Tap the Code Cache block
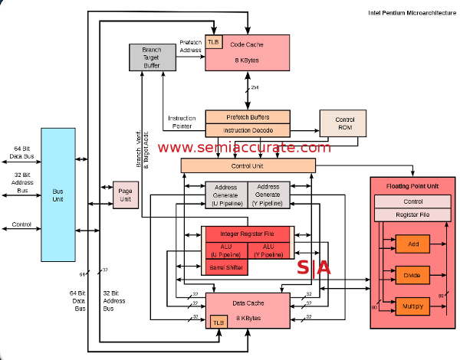253,51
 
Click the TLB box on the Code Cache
213,42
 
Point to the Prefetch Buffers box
248,117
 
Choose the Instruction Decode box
248,131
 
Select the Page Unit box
124,195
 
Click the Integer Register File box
248,234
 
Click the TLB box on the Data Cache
219,322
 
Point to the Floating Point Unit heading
412,186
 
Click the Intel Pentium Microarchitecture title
412,13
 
